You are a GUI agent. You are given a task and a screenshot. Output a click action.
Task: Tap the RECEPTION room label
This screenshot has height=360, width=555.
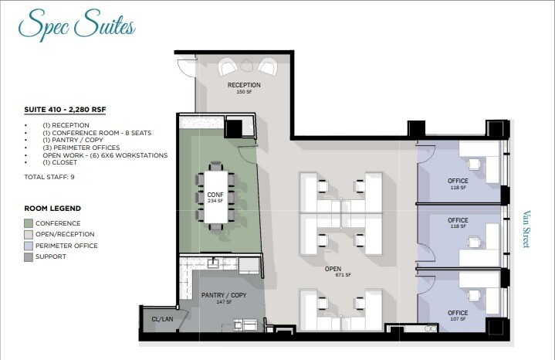243,85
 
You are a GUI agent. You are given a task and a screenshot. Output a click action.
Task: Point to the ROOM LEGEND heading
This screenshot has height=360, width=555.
52,209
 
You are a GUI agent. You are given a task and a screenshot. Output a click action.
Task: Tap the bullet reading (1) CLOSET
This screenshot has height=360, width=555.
65,162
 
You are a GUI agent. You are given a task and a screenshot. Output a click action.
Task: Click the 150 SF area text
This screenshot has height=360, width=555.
243,92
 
